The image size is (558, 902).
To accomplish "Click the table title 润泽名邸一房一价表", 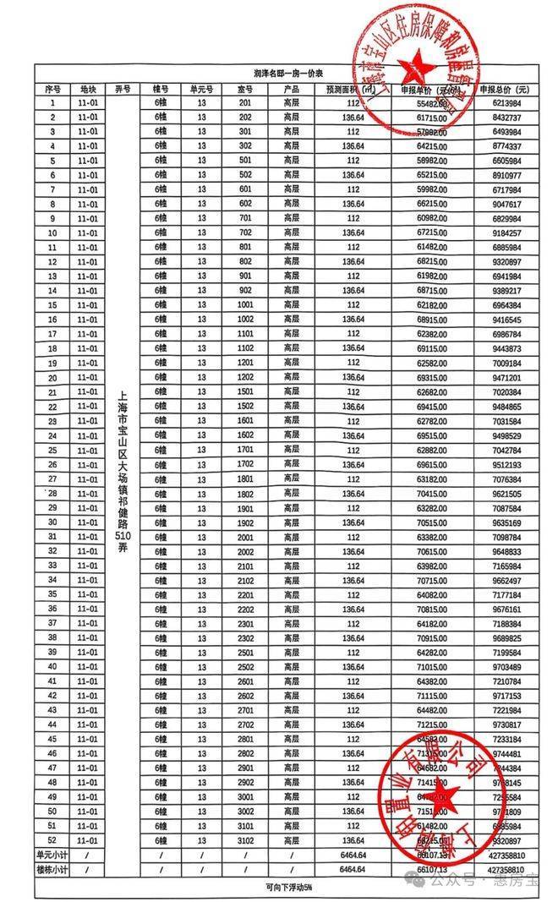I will (279, 74).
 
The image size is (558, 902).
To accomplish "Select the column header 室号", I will (246, 89).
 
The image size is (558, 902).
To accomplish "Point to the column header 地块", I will (89, 89).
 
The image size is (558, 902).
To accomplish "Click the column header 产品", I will (293, 89).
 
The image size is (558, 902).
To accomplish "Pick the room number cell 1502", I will (246, 407).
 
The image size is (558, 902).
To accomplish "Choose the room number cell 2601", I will (246, 681).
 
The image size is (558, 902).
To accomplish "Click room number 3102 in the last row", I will (246, 841).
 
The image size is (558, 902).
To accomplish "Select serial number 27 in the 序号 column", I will (52, 479).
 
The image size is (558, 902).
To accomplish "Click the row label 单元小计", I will (52, 856).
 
